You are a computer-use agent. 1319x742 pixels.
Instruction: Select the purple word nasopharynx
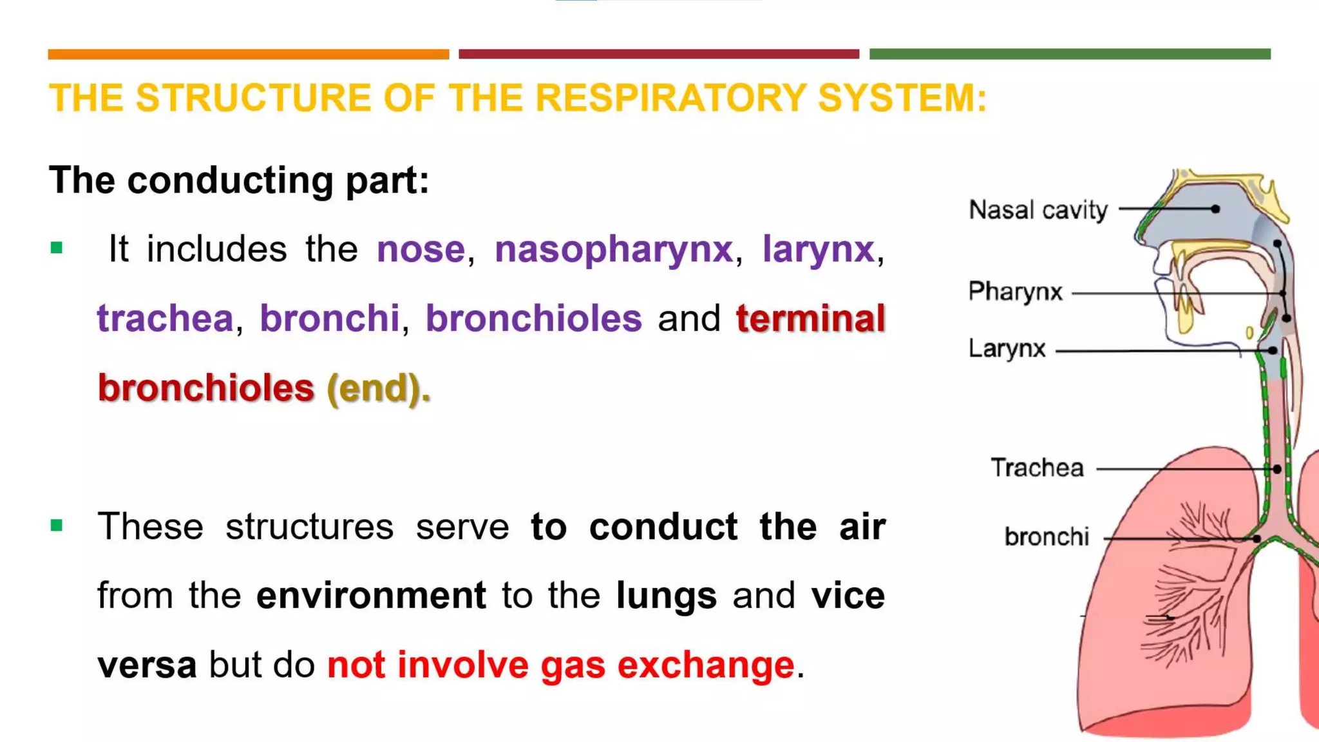coord(613,250)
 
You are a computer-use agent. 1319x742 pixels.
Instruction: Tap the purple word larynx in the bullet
coord(818,250)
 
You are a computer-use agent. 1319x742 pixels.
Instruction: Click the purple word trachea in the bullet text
coord(165,318)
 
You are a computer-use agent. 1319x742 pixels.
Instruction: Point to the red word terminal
coord(810,318)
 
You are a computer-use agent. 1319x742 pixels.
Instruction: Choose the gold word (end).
coord(379,388)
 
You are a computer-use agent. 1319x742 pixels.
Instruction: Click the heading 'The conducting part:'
coord(239,180)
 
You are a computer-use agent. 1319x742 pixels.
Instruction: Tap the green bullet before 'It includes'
coord(57,248)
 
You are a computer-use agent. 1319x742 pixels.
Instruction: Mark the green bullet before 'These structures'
coord(57,526)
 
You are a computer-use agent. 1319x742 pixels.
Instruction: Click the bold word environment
coord(371,595)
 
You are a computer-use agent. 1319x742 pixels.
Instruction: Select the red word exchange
coord(705,665)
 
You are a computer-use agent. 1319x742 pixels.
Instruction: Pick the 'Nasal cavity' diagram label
coord(1038,210)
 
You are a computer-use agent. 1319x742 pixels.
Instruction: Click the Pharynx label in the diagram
coord(1015,292)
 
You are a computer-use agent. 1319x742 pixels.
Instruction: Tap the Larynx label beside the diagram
coord(1007,349)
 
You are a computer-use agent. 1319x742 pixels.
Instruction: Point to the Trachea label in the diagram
coord(1037,468)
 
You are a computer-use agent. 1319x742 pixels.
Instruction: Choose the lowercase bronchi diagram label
coord(1047,537)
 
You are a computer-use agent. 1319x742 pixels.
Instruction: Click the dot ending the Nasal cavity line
coord(1215,209)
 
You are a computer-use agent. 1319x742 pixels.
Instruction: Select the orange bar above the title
coord(248,54)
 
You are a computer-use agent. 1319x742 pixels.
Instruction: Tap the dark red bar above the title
coord(659,54)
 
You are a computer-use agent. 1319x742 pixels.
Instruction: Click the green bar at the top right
coord(1070,54)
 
